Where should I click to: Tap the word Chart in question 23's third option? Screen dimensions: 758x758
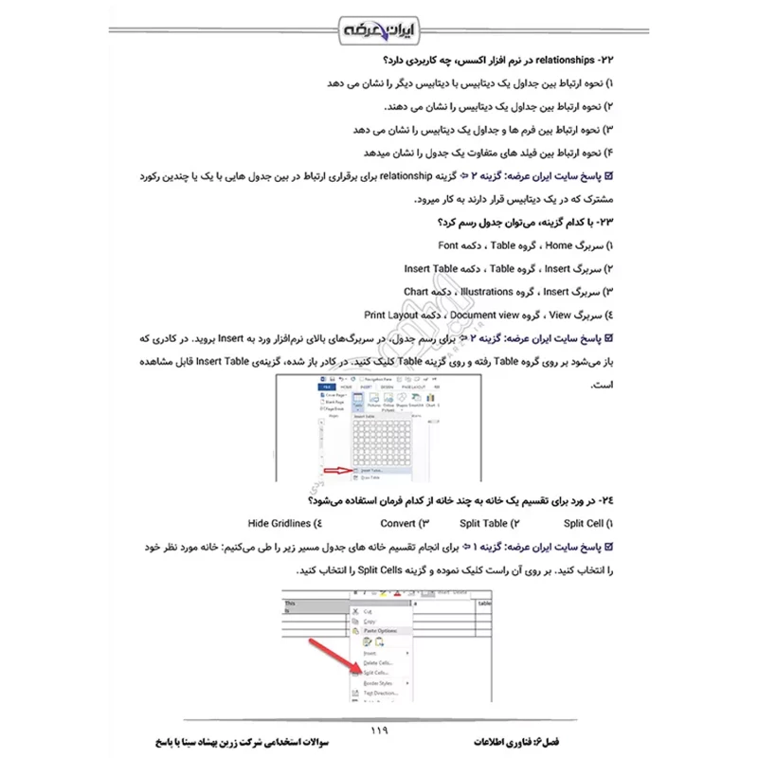coord(417,292)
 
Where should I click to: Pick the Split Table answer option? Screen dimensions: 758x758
coord(482,523)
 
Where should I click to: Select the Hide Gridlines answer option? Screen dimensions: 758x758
coord(280,523)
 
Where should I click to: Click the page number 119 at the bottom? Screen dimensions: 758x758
coord(378,731)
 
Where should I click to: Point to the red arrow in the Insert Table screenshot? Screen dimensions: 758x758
coord(337,469)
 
